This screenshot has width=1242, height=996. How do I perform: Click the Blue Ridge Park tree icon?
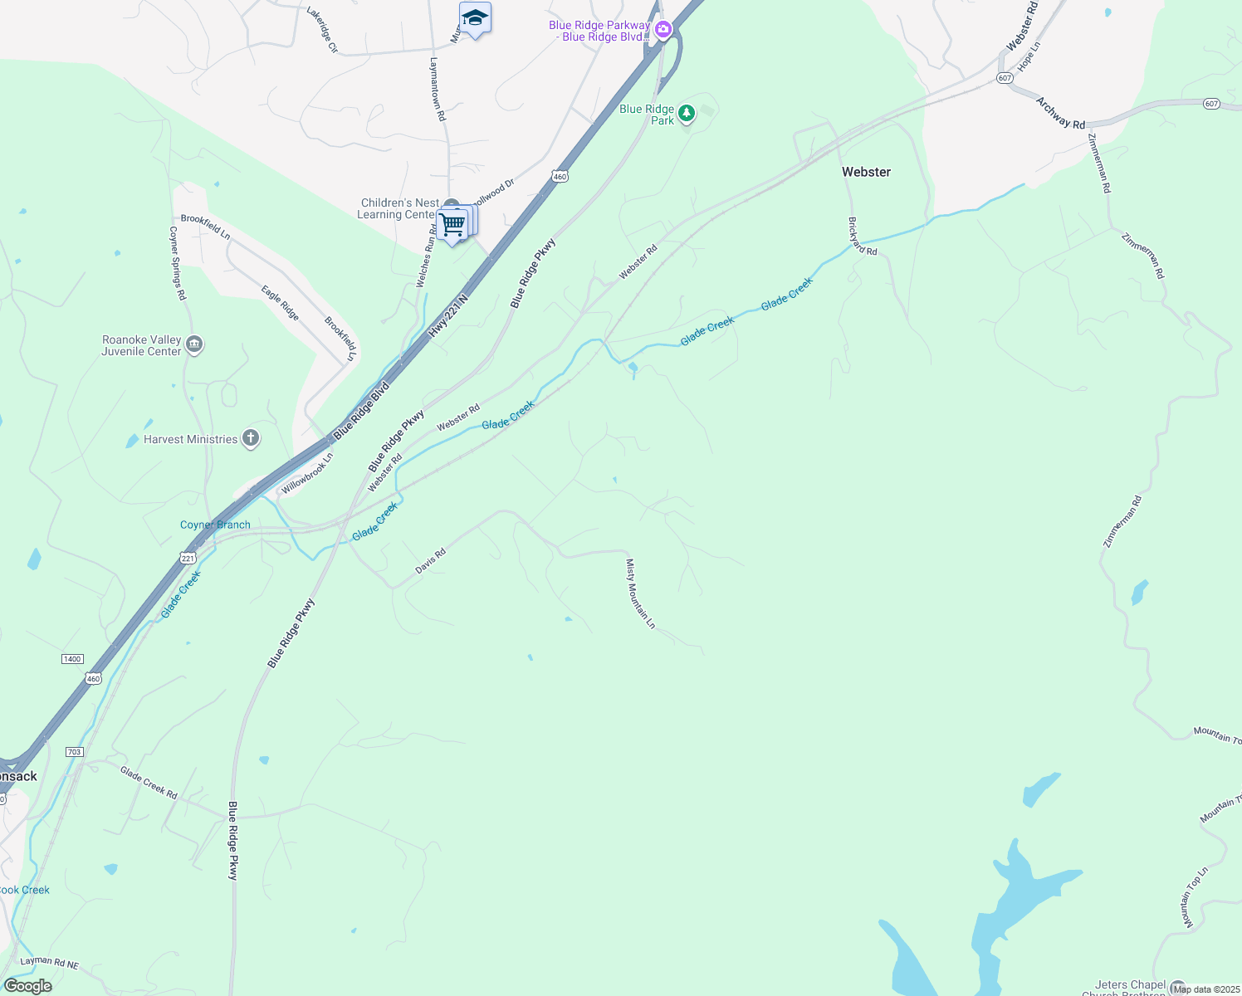(686, 113)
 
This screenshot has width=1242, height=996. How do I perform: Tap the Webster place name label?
(866, 172)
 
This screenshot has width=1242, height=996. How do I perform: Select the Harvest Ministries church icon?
(251, 439)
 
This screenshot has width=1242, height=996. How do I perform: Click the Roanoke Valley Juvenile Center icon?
(194, 344)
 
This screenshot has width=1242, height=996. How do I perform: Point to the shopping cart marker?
(452, 225)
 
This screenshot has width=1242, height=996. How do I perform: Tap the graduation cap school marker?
(475, 18)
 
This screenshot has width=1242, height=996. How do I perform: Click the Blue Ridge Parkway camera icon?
(663, 31)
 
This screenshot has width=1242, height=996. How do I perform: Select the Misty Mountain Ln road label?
(640, 593)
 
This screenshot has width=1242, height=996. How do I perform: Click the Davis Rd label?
(430, 561)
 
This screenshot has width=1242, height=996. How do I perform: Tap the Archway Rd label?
(1060, 113)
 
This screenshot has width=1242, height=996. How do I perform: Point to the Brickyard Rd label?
(863, 237)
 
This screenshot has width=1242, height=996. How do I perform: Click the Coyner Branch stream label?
(215, 525)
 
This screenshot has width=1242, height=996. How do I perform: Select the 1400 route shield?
(72, 658)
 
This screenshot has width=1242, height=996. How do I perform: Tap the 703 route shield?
(74, 752)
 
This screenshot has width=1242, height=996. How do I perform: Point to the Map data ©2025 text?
(1205, 989)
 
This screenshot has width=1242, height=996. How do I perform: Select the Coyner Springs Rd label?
(178, 263)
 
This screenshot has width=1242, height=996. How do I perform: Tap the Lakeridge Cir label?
(322, 30)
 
